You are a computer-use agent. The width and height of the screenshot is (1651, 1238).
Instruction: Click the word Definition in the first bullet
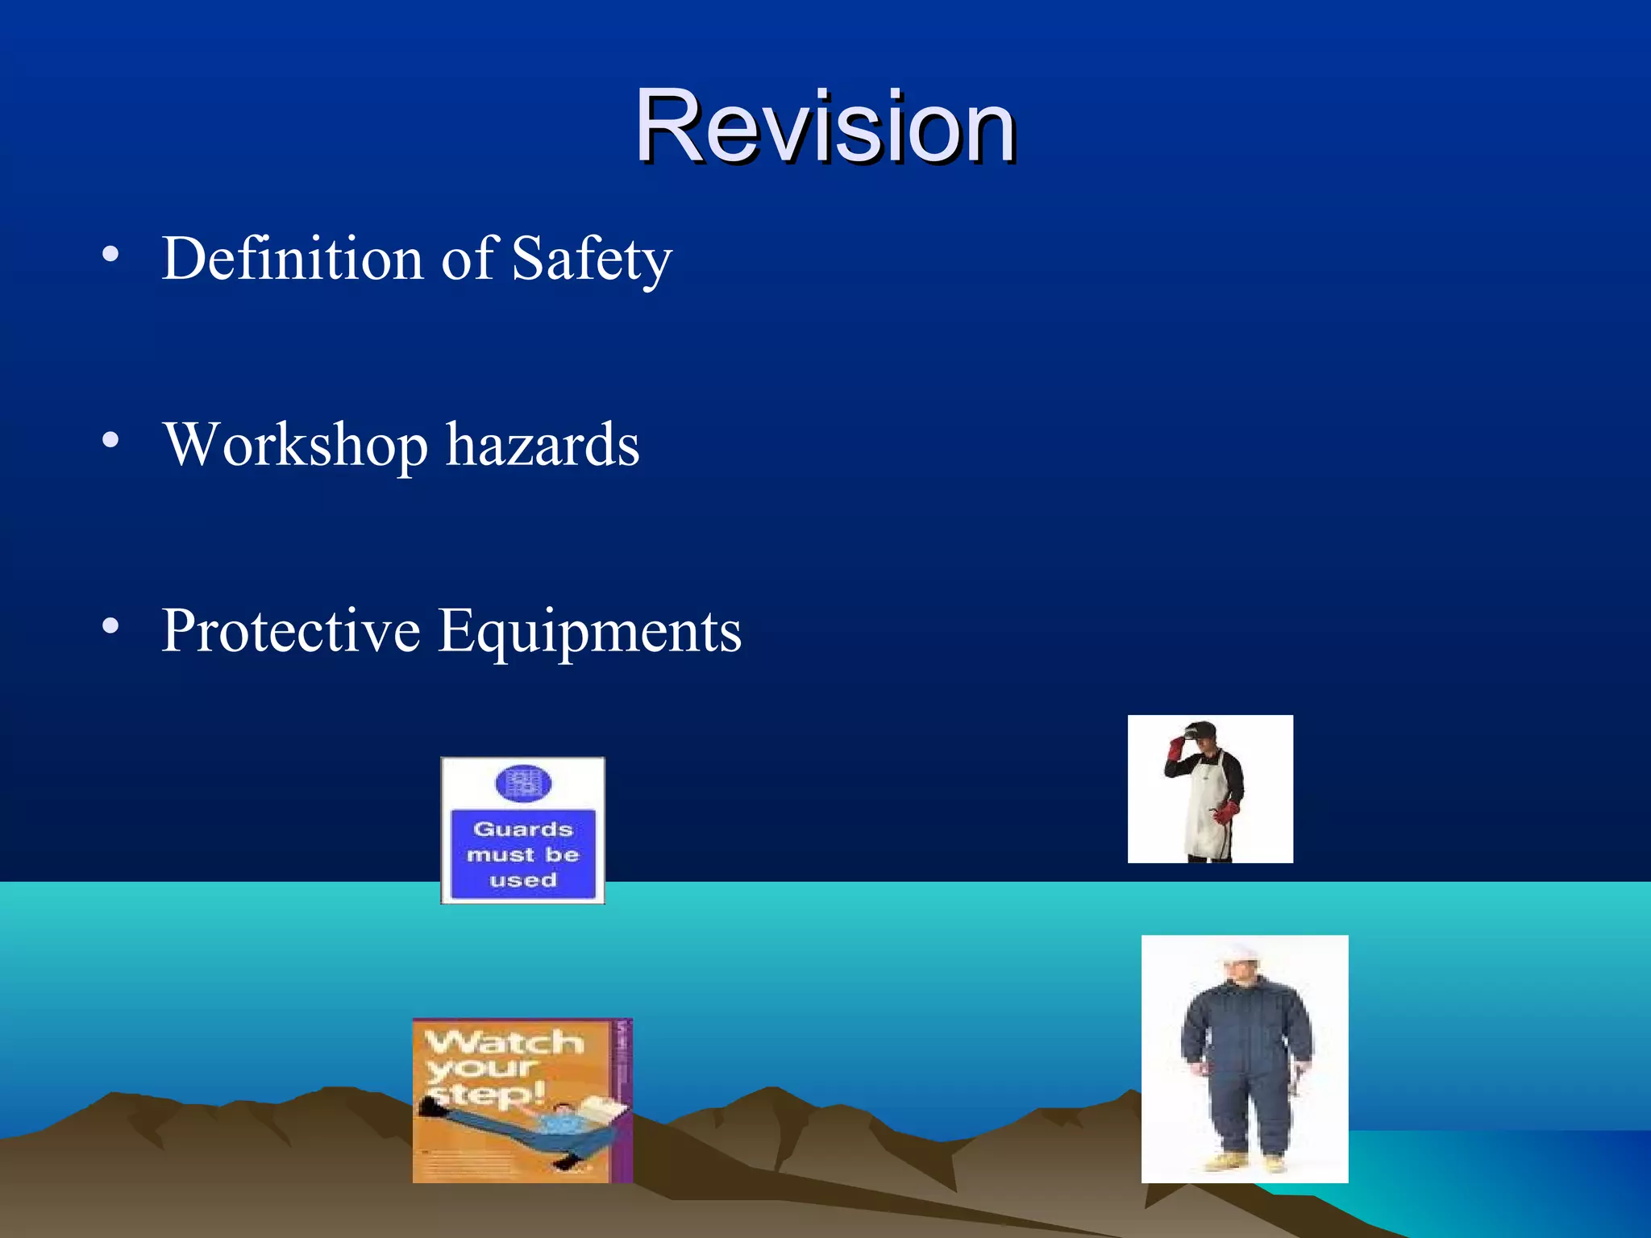click(292, 259)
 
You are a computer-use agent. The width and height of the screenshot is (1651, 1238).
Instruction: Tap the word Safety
click(591, 259)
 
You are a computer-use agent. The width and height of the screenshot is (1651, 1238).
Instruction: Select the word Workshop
click(295, 446)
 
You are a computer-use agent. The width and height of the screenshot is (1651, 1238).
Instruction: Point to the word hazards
click(543, 446)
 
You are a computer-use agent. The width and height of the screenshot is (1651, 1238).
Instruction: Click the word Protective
click(290, 630)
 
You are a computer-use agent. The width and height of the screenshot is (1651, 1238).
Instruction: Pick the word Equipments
click(589, 632)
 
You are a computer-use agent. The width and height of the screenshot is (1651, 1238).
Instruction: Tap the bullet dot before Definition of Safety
click(110, 255)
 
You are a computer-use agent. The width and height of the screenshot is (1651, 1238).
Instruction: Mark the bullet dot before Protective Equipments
click(110, 625)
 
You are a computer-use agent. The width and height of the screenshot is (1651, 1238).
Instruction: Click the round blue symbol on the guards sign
click(522, 783)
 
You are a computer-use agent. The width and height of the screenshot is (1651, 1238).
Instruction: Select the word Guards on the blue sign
click(522, 829)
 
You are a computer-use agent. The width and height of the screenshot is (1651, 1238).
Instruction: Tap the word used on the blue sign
click(522, 880)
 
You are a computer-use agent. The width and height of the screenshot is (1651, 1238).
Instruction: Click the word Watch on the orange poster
click(505, 1042)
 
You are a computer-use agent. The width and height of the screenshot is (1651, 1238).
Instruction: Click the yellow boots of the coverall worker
click(1246, 1163)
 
